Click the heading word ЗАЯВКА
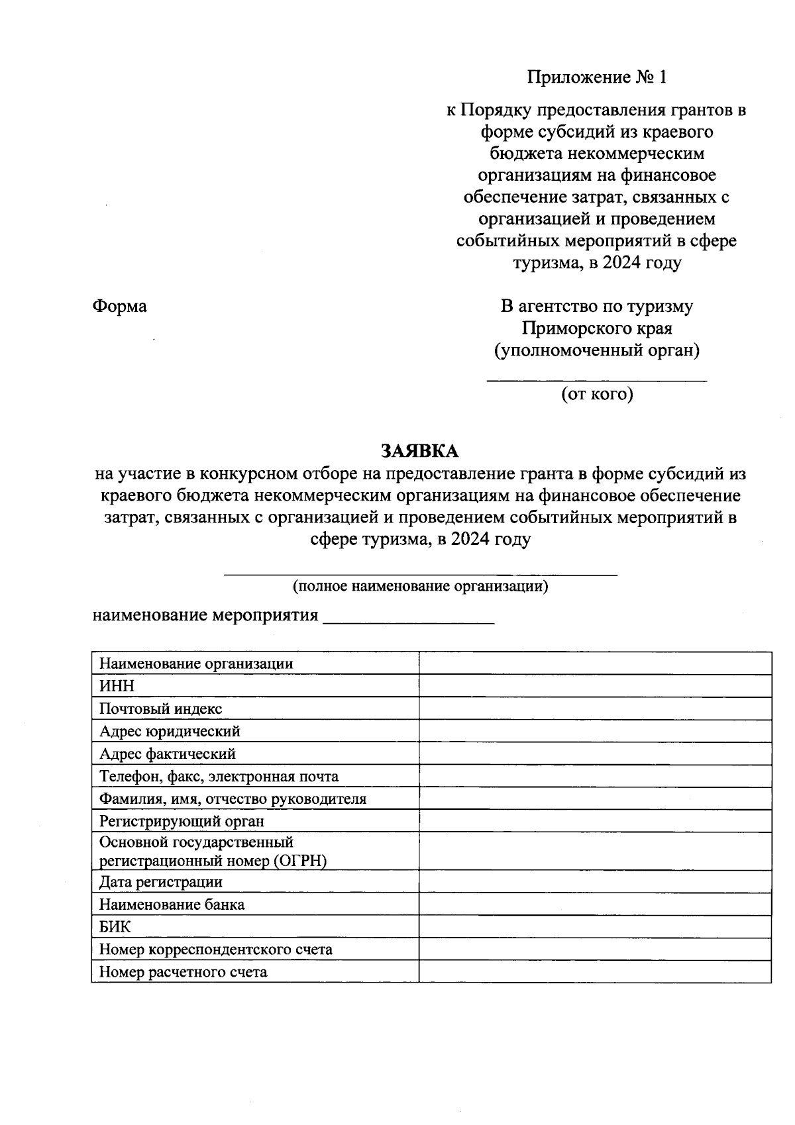pos(419,452)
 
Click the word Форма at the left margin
pos(119,307)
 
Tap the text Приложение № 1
pos(596,77)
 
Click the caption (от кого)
pos(597,395)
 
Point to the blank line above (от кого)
pos(597,379)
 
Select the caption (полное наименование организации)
pos(421,586)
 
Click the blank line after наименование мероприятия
pos(408,621)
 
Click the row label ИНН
pos(117,687)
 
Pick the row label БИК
pos(115,927)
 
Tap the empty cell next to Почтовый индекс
pos(594,709)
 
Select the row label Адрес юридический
pos(170,732)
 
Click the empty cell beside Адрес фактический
pos(594,754)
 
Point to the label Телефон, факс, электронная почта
pos(219,777)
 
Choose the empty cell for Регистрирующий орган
pos(594,821)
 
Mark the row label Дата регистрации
pos(161,882)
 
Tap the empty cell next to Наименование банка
pos(594,905)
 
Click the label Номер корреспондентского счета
pos(216,950)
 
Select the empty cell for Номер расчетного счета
pos(594,972)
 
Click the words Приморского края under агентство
pos(597,328)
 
